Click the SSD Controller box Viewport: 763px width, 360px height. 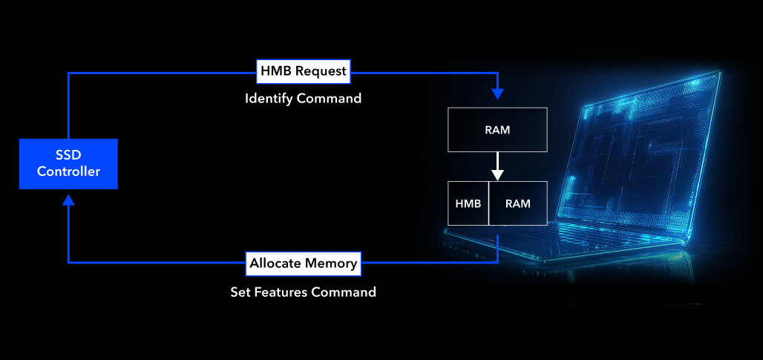(68, 163)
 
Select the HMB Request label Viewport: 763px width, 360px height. (303, 71)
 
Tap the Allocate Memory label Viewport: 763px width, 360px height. (303, 263)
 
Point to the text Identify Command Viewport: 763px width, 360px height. (303, 98)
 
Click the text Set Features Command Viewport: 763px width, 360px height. (303, 292)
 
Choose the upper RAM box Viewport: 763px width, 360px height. (497, 130)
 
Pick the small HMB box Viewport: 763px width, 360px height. (468, 203)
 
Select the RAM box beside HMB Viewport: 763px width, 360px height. (517, 203)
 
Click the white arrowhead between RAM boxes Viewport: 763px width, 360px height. (497, 174)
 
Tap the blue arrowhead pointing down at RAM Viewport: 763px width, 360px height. (497, 94)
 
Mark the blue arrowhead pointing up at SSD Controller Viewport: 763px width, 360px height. (68, 200)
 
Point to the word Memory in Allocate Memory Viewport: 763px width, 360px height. (331, 263)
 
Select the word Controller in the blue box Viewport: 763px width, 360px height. (68, 172)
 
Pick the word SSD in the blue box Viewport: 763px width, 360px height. (68, 155)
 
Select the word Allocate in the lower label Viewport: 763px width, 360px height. (275, 263)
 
